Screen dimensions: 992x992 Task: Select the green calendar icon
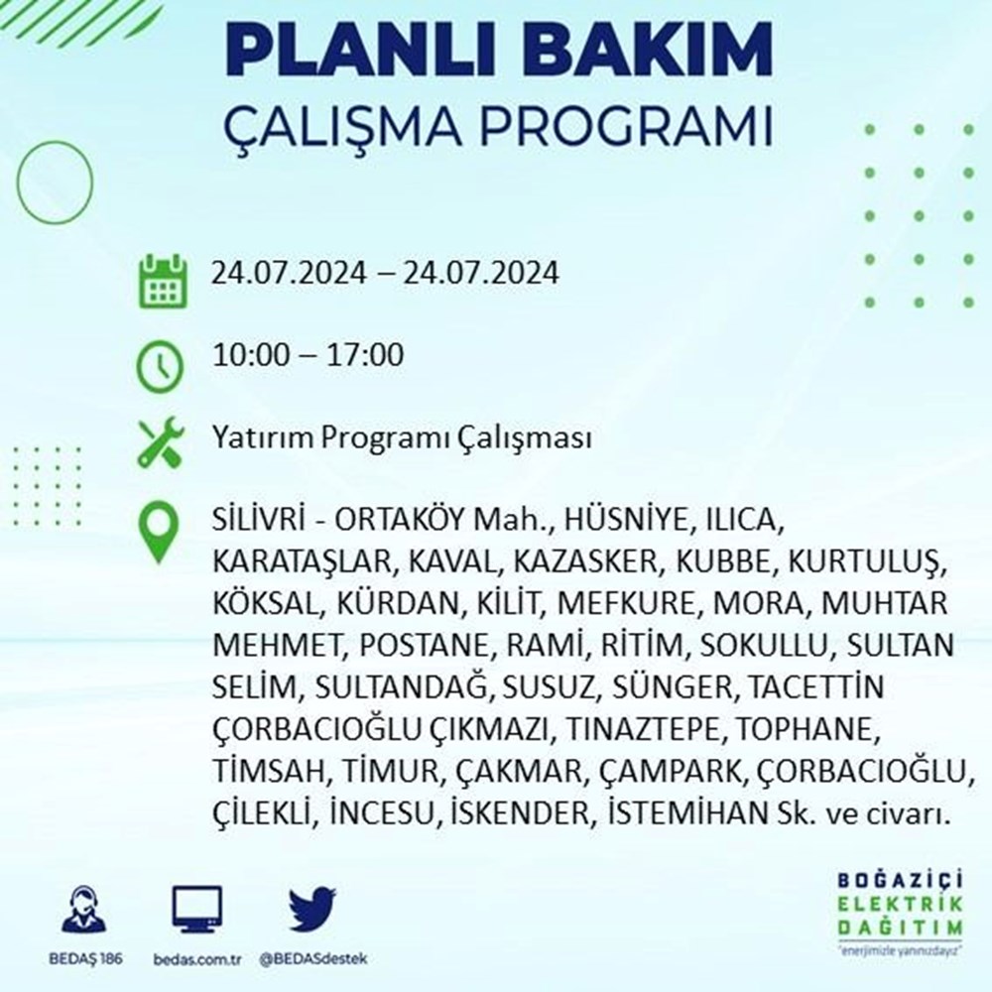163,281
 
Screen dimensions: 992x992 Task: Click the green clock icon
160,366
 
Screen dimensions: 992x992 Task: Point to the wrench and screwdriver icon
161,442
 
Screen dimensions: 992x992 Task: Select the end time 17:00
365,354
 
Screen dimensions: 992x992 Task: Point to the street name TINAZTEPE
642,729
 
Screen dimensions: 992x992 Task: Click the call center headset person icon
84,909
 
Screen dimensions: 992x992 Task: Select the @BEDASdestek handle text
313,959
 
